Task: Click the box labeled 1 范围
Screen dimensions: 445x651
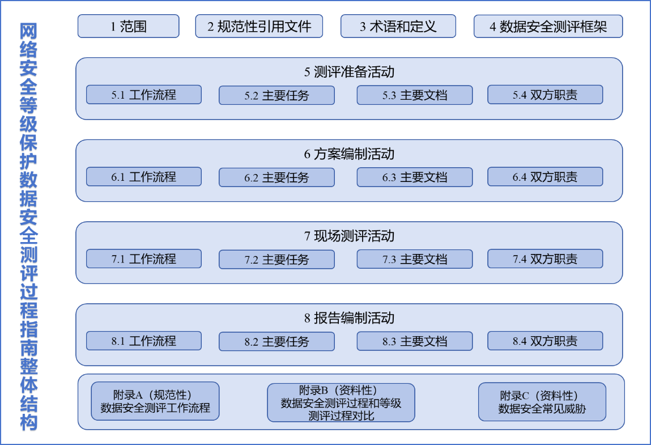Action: pyautogui.click(x=128, y=27)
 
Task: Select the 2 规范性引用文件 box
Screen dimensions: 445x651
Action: pyautogui.click(x=259, y=27)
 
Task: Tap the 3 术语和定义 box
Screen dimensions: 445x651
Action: pyautogui.click(x=398, y=27)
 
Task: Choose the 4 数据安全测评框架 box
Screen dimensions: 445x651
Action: pyautogui.click(x=548, y=27)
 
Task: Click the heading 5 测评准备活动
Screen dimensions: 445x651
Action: pyautogui.click(x=349, y=72)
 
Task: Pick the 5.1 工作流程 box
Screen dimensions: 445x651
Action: pyautogui.click(x=143, y=95)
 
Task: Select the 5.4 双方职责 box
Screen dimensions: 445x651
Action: pyautogui.click(x=544, y=95)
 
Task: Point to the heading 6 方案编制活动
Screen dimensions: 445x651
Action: pyautogui.click(x=349, y=154)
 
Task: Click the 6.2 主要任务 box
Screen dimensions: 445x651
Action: pyautogui.click(x=276, y=177)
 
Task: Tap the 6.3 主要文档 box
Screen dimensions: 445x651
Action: pyautogui.click(x=414, y=177)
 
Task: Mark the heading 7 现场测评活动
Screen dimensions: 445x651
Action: pyautogui.click(x=349, y=236)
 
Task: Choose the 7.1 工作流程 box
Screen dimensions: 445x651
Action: pyautogui.click(x=143, y=259)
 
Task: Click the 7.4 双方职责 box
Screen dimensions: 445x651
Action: pyautogui.click(x=544, y=259)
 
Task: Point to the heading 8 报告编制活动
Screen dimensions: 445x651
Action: pyautogui.click(x=349, y=318)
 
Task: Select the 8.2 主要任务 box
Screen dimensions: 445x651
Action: pyautogui.click(x=276, y=341)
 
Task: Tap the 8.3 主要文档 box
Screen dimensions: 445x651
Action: pyautogui.click(x=414, y=341)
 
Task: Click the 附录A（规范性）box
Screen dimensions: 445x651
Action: pyautogui.click(x=155, y=401)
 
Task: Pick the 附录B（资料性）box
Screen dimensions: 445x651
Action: pyautogui.click(x=341, y=402)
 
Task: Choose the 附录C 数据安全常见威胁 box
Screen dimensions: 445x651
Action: pyautogui.click(x=542, y=402)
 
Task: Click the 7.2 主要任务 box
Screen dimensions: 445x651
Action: pyautogui.click(x=276, y=260)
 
